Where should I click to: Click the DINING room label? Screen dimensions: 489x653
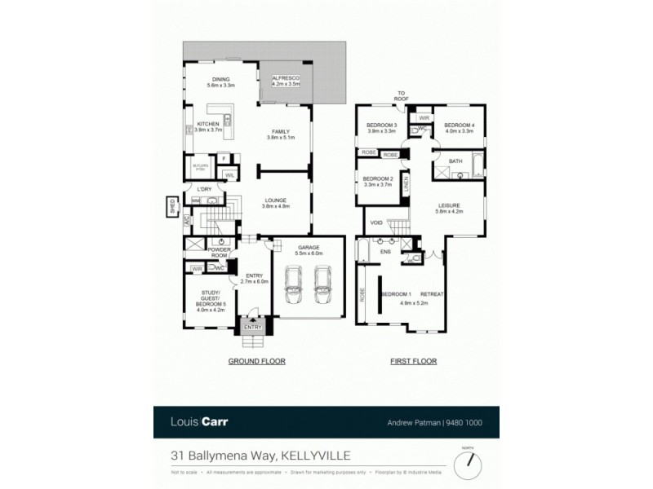coord(220,80)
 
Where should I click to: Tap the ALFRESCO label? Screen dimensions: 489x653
coord(286,80)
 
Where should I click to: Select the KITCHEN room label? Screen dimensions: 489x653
coord(207,125)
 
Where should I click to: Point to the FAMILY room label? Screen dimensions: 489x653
coord(280,132)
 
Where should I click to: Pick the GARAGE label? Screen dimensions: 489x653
coord(308,247)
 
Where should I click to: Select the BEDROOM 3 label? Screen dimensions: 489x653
coord(381,125)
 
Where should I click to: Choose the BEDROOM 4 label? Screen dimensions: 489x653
coord(459,125)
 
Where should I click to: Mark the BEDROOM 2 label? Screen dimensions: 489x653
coord(378,178)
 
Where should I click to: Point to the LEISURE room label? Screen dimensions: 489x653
coord(450,205)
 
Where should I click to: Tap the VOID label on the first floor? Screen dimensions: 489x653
coord(376,222)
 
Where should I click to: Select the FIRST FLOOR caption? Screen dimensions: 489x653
coord(414,361)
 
